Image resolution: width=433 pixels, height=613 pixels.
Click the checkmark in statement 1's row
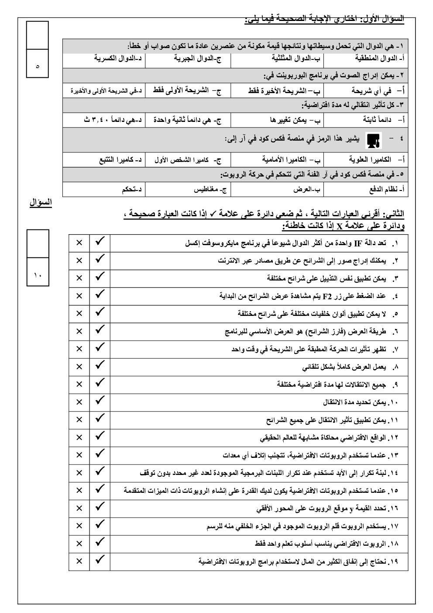(100, 242)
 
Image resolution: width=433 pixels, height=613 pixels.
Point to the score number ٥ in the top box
(37, 66)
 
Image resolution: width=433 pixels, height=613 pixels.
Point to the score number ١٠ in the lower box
(37, 275)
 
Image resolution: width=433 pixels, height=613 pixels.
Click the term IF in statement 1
(357, 243)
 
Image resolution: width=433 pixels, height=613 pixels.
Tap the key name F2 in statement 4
(327, 296)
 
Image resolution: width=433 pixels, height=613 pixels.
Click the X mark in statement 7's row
(79, 349)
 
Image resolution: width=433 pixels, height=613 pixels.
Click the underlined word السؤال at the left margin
(41, 202)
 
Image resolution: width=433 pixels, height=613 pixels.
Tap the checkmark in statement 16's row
(100, 507)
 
